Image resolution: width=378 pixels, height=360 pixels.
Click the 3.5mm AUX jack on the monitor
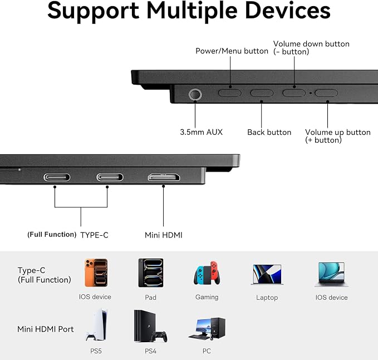coord(195,94)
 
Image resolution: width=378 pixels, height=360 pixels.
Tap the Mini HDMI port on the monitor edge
coord(164,177)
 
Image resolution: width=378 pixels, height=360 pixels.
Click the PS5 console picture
coord(97,325)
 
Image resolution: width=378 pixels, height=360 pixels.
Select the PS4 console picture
coord(150,326)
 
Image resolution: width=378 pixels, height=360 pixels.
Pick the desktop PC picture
coord(207,329)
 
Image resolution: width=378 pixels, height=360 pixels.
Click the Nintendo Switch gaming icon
coord(207,273)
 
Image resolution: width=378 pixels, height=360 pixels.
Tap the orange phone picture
coord(96,273)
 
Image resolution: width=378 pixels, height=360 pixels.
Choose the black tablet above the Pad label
coord(151,273)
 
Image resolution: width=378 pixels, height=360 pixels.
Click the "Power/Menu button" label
coord(232,51)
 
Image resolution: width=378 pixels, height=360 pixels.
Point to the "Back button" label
coord(269,132)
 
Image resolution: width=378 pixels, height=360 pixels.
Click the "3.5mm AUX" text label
coord(202,132)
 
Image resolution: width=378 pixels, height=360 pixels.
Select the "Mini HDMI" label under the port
coord(164,235)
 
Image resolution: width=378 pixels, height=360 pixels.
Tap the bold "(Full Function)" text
coord(52,235)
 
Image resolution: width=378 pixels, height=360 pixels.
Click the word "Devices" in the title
coord(288,11)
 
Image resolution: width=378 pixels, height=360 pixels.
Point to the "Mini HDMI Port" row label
coord(46,329)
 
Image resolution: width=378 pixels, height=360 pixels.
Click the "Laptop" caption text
coord(267,298)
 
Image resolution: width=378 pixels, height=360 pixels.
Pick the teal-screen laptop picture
coord(331,275)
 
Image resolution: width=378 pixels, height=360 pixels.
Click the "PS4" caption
coord(150,351)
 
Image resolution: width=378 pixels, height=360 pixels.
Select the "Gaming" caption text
coord(207,297)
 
